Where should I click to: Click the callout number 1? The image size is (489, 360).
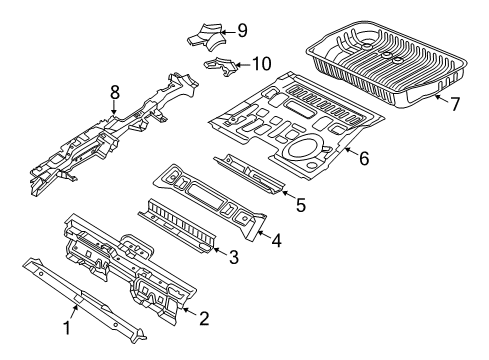(69, 327)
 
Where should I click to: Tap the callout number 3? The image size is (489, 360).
(233, 258)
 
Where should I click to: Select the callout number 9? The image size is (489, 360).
(241, 29)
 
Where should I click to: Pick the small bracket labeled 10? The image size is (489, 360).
(223, 67)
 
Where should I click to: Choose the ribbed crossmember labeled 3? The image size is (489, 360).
(180, 225)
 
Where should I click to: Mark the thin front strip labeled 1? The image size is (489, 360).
(80, 295)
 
